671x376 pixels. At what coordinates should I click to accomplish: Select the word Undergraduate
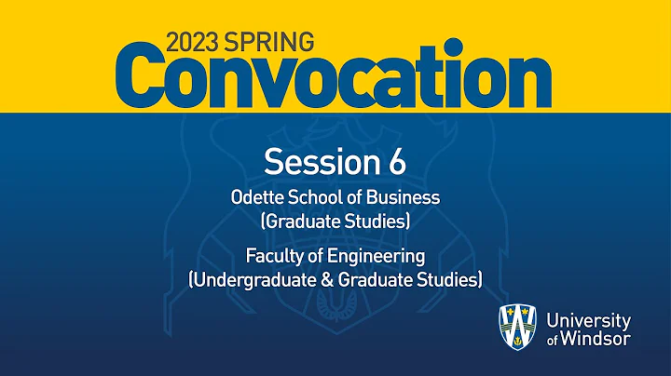pos(249,278)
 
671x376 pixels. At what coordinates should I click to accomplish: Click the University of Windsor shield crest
pos(518,329)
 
